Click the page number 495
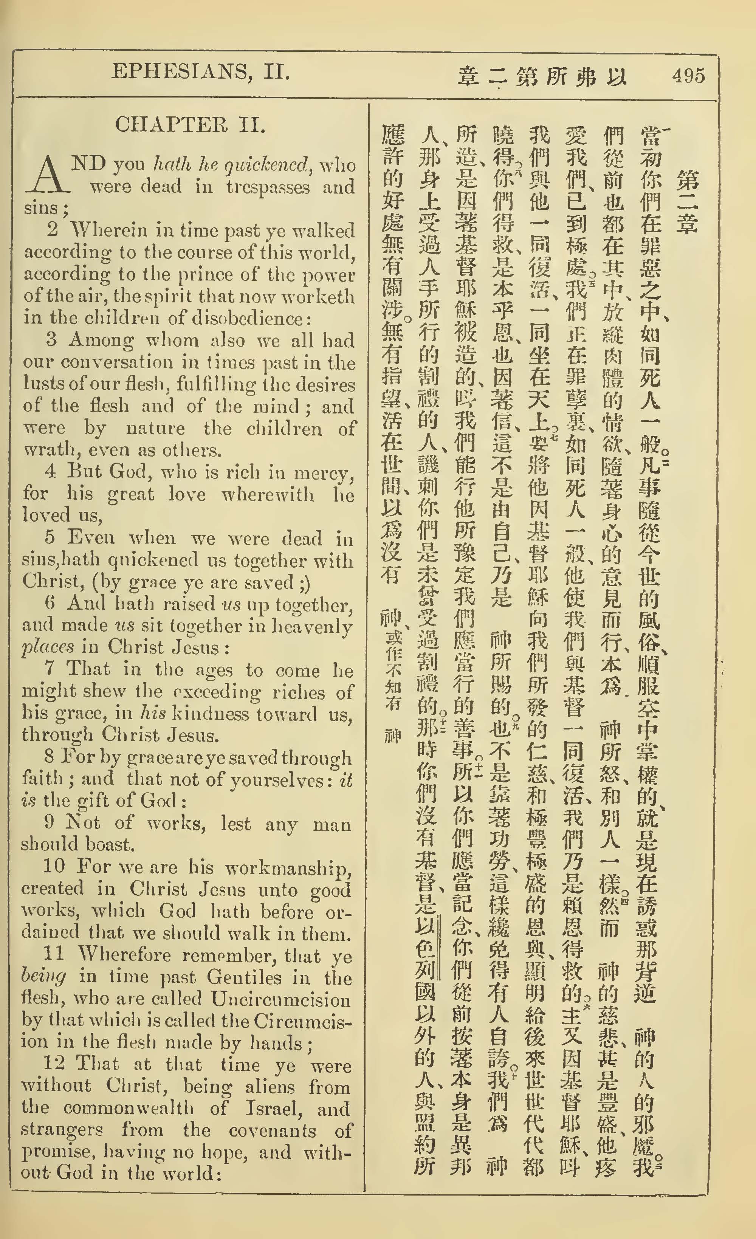point(688,76)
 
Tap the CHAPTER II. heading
point(190,125)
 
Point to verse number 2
point(52,230)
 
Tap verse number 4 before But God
point(50,471)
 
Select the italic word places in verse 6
point(48,647)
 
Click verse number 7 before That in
point(49,669)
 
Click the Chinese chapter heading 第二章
point(687,201)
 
